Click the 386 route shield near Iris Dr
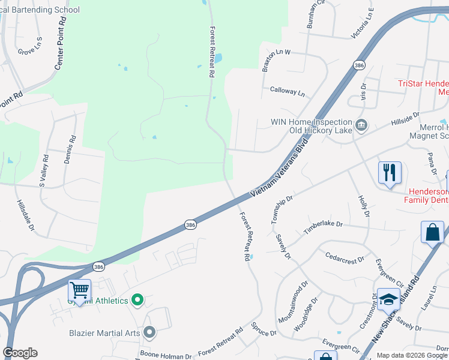pos(359,65)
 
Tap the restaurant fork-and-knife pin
pos(390,173)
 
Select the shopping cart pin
pos(79,291)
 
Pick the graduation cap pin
pos(388,299)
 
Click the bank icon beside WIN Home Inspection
pos(361,125)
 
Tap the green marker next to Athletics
pos(137,300)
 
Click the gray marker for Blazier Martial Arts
pos(149,332)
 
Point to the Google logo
pos(20,353)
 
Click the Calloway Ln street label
pos(288,92)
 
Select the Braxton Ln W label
pos(276,52)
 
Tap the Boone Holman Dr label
pos(166,355)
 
